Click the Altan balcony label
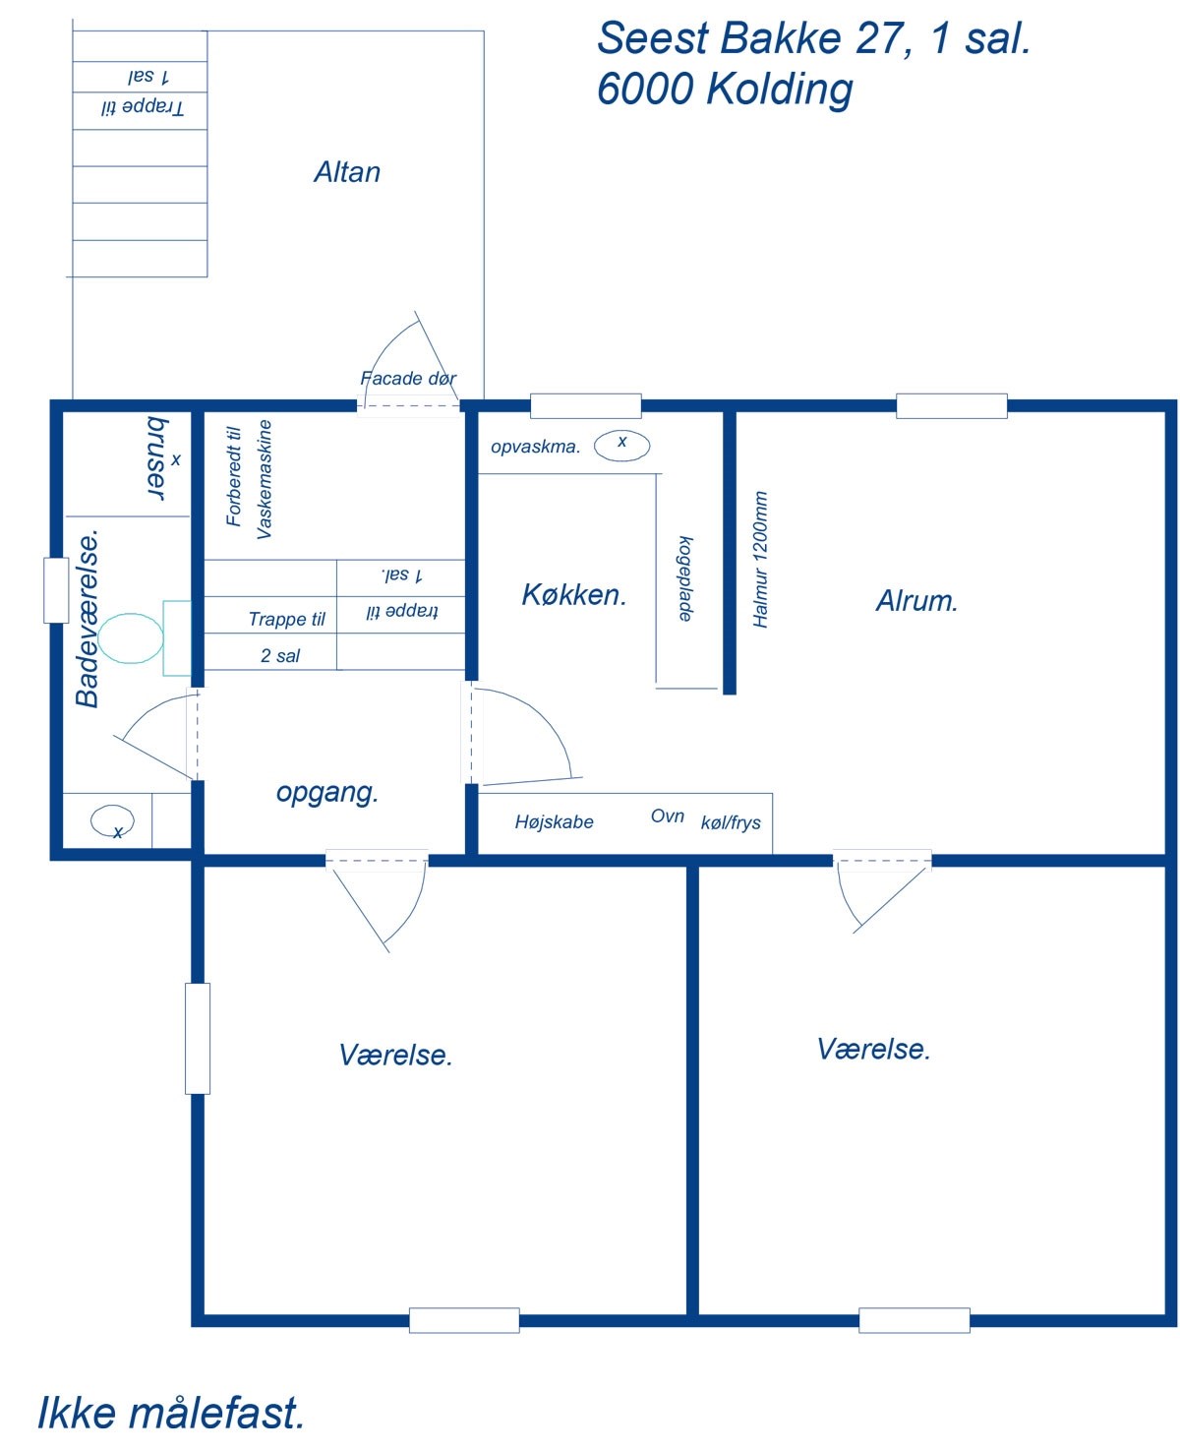(x=346, y=172)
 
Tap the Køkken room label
(x=573, y=594)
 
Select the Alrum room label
(x=916, y=600)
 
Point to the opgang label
(x=327, y=792)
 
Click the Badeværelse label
(x=88, y=618)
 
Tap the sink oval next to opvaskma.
(x=621, y=446)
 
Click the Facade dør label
(x=408, y=378)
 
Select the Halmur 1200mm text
(x=760, y=560)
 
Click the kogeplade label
(x=685, y=578)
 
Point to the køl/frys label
(x=731, y=822)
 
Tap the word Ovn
(x=668, y=816)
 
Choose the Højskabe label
(x=554, y=821)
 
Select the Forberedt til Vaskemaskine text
(x=249, y=480)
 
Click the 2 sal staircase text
(x=280, y=655)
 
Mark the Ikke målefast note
(x=171, y=1413)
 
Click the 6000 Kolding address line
(x=725, y=89)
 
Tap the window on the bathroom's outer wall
(x=56, y=590)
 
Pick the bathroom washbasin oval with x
(x=112, y=820)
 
